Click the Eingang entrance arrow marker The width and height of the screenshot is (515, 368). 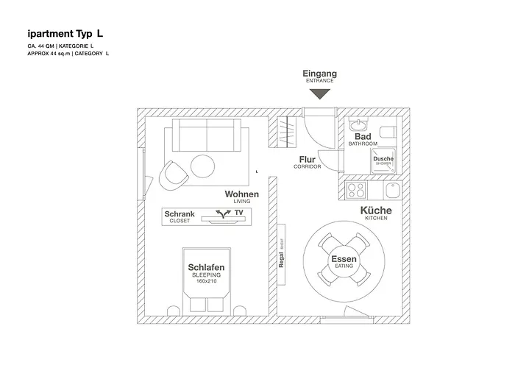point(319,94)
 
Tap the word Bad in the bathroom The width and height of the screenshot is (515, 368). point(363,137)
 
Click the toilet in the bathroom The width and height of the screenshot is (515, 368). point(391,130)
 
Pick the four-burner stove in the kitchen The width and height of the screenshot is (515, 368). point(356,190)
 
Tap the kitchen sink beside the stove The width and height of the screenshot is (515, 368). point(393,191)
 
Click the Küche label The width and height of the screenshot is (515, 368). point(376,211)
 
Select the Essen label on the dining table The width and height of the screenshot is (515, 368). point(344,261)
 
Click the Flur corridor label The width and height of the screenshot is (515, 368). point(308,159)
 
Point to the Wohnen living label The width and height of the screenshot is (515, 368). point(242,194)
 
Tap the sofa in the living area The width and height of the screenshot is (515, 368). point(206,136)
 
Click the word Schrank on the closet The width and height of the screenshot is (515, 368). point(180,213)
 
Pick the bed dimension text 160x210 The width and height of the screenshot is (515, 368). point(206,280)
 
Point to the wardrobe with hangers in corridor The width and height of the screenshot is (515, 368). point(287,132)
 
